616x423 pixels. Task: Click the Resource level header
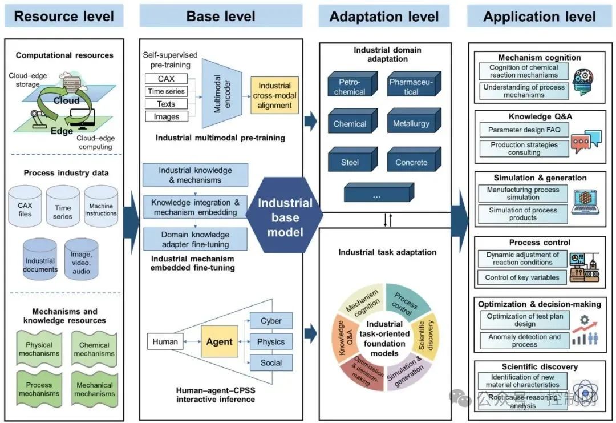click(64, 16)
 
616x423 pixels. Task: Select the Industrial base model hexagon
click(285, 217)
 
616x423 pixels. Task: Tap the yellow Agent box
click(219, 341)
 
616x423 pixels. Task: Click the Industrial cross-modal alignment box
click(275, 95)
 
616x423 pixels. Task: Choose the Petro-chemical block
click(350, 87)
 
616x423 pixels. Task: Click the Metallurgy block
click(411, 123)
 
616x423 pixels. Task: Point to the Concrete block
click(411, 162)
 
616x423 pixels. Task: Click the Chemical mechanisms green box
click(94, 348)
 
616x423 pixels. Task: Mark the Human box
click(165, 341)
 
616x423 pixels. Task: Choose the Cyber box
click(271, 320)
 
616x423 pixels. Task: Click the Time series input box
click(166, 91)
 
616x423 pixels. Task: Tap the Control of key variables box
click(522, 278)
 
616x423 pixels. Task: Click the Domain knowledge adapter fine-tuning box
click(195, 239)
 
